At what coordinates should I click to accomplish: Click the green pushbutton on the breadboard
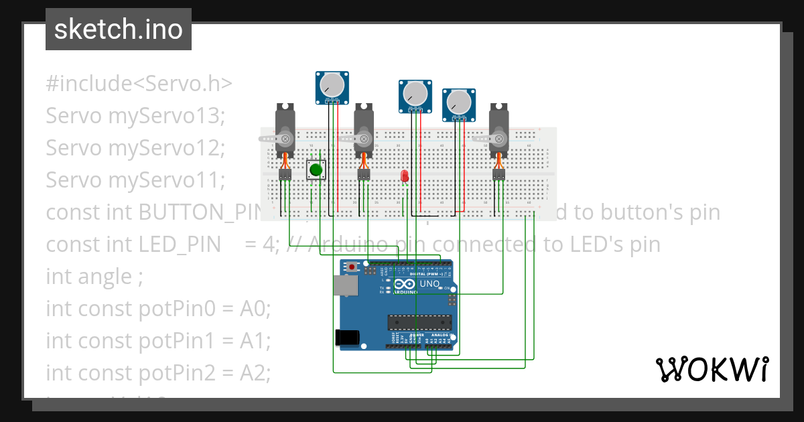316,170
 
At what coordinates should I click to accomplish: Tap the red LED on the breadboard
404,176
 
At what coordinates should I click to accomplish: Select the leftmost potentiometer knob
332,84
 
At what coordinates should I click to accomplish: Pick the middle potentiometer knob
416,93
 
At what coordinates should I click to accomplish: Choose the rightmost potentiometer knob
459,102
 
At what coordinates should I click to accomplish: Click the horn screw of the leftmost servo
285,139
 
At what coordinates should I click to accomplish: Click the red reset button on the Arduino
352,267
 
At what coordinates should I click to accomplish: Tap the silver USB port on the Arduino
345,285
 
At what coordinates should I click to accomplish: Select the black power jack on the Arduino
347,337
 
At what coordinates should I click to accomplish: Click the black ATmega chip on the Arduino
419,322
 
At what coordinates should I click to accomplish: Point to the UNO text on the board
429,284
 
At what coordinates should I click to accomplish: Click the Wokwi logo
712,369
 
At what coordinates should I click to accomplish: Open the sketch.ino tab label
119,29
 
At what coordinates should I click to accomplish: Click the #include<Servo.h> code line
139,84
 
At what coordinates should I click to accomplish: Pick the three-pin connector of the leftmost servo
285,174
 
